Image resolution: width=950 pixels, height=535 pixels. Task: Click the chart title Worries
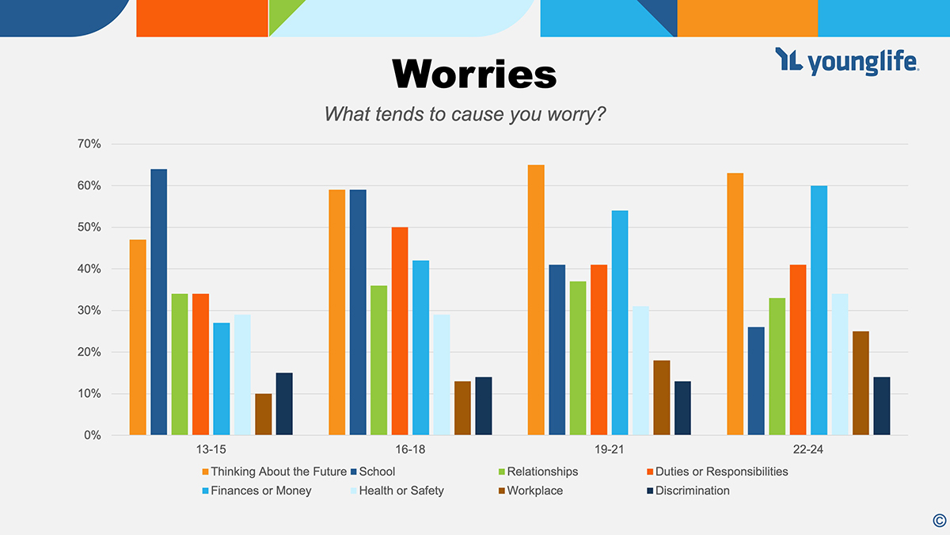[x=474, y=75]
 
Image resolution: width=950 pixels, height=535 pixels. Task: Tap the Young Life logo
[x=846, y=61]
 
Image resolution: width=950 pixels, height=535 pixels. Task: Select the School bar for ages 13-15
[x=158, y=302]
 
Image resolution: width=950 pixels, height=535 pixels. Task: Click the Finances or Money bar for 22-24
[x=819, y=310]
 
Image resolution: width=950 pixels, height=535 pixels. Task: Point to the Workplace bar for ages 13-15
[x=263, y=414]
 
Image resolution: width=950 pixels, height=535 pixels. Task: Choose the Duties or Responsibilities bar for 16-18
[x=400, y=331]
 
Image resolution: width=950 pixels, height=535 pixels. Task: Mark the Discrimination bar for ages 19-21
[x=682, y=407]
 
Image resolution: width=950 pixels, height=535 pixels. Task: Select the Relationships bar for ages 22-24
[x=777, y=366]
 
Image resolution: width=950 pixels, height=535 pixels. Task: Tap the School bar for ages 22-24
[x=756, y=380]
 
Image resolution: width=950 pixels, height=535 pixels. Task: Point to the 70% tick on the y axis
[x=89, y=144]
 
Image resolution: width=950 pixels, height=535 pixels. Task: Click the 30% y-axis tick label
[x=89, y=311]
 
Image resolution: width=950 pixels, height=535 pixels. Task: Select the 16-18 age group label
[x=409, y=449]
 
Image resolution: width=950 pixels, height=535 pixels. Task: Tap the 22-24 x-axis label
[x=807, y=449]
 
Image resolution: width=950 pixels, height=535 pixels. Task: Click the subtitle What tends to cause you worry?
[x=465, y=114]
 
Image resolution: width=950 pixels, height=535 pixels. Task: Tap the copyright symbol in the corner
[x=939, y=520]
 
